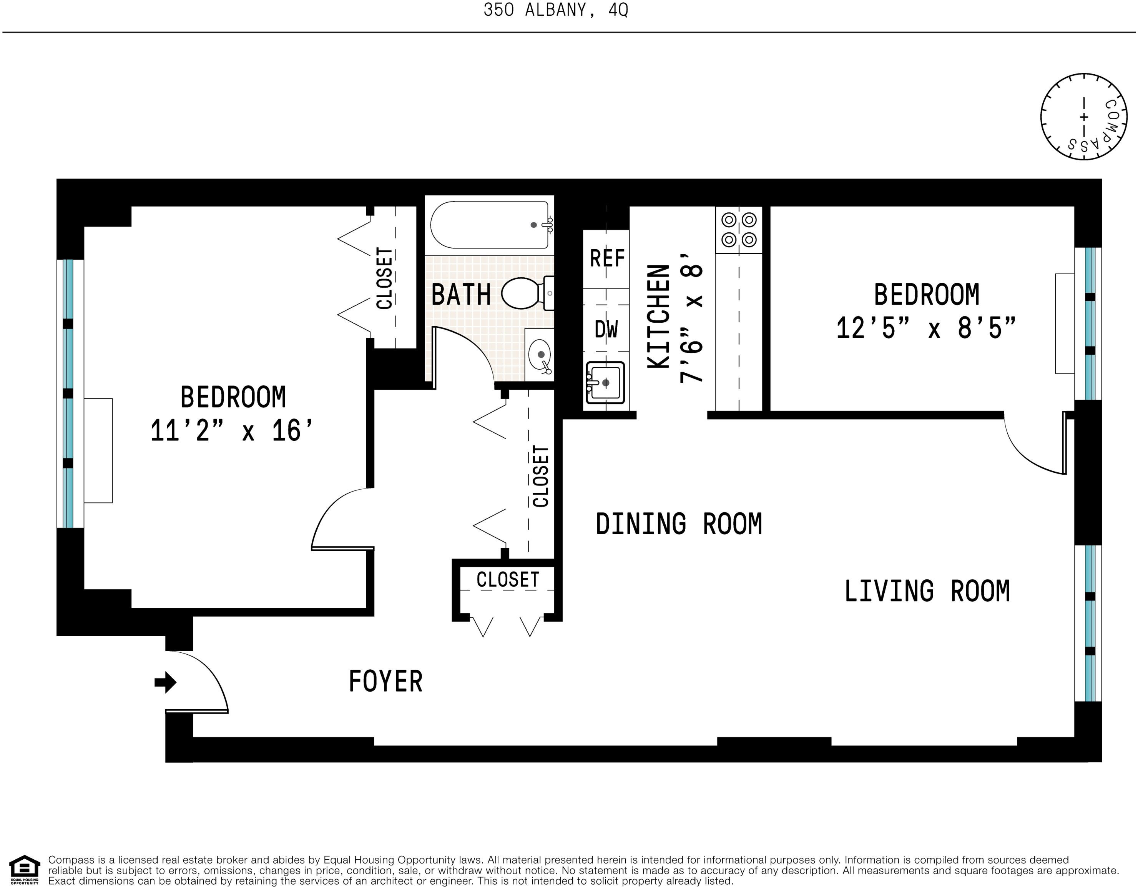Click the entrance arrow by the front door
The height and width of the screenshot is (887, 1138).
pyautogui.click(x=166, y=682)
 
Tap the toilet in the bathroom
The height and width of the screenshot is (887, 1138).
pyautogui.click(x=524, y=293)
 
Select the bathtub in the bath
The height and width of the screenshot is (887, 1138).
pyautogui.click(x=489, y=225)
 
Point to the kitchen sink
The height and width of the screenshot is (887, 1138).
pyautogui.click(x=605, y=383)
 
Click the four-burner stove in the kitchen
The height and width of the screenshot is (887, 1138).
pyautogui.click(x=739, y=230)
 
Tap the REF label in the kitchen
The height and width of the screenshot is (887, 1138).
pyautogui.click(x=607, y=258)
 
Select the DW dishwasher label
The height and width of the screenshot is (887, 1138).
pyautogui.click(x=606, y=330)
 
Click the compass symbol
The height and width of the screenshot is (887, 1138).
pyautogui.click(x=1084, y=117)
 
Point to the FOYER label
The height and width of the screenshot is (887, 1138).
pyautogui.click(x=385, y=682)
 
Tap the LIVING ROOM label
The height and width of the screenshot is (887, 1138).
pyautogui.click(x=927, y=591)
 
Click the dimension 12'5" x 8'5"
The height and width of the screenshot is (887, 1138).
pyautogui.click(x=926, y=328)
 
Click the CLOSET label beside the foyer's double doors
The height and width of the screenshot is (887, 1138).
pyautogui.click(x=508, y=580)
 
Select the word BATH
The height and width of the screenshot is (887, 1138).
pyautogui.click(x=461, y=295)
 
